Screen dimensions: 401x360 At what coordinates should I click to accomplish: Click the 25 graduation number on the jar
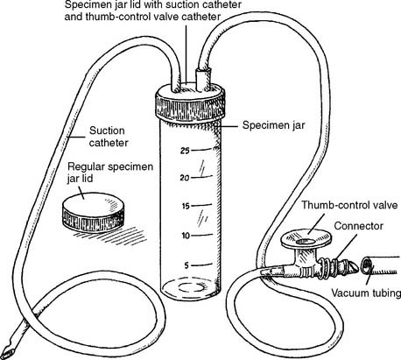[185, 151]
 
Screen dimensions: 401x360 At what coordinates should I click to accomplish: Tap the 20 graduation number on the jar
[185, 178]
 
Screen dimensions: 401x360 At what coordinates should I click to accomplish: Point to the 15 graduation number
[186, 206]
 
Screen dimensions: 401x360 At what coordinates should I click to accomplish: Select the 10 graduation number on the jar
[186, 236]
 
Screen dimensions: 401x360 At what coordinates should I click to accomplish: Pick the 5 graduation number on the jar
[186, 265]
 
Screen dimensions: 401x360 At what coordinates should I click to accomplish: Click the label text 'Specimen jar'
[274, 125]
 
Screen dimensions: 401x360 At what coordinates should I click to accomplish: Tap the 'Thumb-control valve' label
[349, 205]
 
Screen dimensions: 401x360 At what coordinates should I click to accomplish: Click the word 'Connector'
[359, 226]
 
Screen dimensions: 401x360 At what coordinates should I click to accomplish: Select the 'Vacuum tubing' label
[366, 293]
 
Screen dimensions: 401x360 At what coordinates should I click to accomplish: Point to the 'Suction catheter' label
[109, 137]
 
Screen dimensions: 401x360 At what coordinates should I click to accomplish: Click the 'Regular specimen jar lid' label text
[110, 173]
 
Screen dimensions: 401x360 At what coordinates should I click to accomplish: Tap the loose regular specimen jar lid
[93, 212]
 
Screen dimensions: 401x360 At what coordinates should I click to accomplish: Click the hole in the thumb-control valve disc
[306, 242]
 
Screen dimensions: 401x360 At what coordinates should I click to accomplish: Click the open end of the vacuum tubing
[368, 265]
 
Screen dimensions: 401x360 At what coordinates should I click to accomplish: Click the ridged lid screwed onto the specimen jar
[190, 102]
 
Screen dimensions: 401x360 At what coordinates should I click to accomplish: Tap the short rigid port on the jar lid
[202, 78]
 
